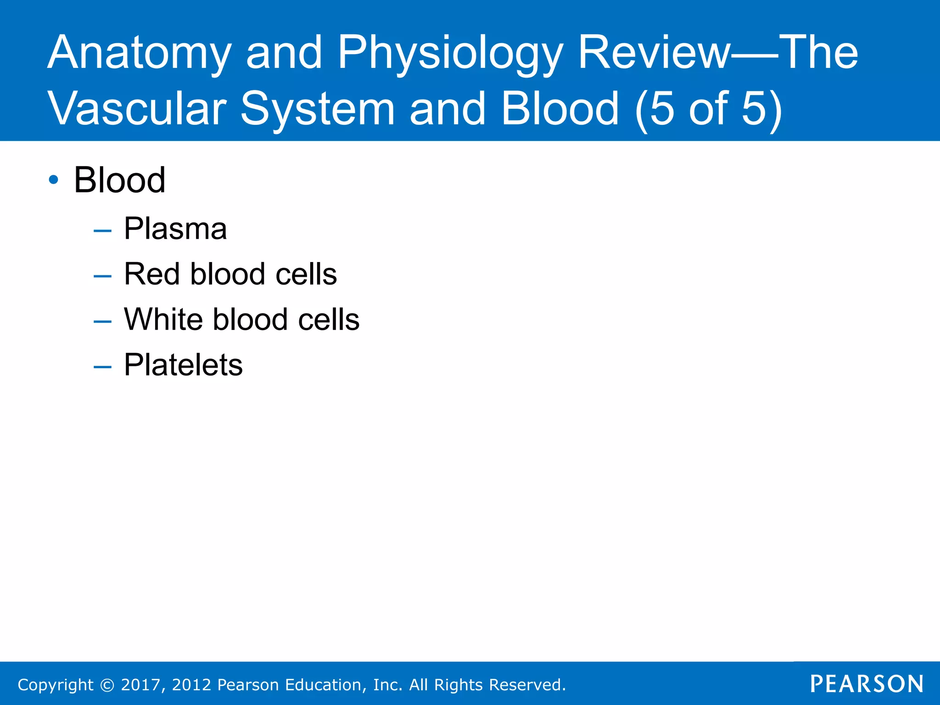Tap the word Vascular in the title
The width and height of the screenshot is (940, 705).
pyautogui.click(x=137, y=109)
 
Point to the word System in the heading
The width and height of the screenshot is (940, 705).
pyautogui.click(x=317, y=109)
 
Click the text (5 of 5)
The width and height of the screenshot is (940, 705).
pyautogui.click(x=709, y=109)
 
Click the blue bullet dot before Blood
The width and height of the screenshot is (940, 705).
pyautogui.click(x=54, y=180)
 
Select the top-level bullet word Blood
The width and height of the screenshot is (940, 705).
pyautogui.click(x=119, y=180)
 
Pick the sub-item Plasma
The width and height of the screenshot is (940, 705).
pyautogui.click(x=175, y=229)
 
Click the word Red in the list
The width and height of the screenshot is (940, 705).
pyautogui.click(x=151, y=274)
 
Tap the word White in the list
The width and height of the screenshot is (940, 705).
pyautogui.click(x=163, y=319)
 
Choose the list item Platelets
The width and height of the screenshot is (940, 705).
pyautogui.click(x=183, y=365)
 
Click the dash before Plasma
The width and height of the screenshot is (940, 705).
pyautogui.click(x=102, y=231)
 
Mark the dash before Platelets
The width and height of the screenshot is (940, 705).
pyautogui.click(x=102, y=367)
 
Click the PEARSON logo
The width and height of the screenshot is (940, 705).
pyautogui.click(x=867, y=684)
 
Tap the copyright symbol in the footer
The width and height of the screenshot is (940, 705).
pyautogui.click(x=107, y=685)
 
